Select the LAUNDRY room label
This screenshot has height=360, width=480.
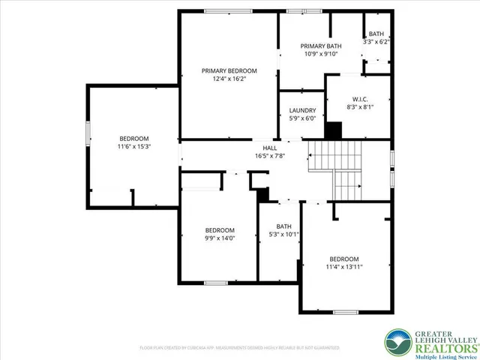pos(301,110)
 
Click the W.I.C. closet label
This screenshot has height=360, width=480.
pos(358,99)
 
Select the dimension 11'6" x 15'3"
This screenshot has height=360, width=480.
pos(134,146)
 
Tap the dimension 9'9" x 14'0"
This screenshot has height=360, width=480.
pos(220,238)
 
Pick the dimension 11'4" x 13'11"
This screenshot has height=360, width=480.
pos(344,265)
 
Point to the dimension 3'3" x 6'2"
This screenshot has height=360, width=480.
pos(376,42)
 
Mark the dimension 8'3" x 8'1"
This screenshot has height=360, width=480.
pos(358,107)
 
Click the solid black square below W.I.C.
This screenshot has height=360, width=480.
pos(332,130)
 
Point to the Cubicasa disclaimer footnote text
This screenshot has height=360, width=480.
pos(239,348)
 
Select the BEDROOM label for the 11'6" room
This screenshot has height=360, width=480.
pos(134,139)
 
